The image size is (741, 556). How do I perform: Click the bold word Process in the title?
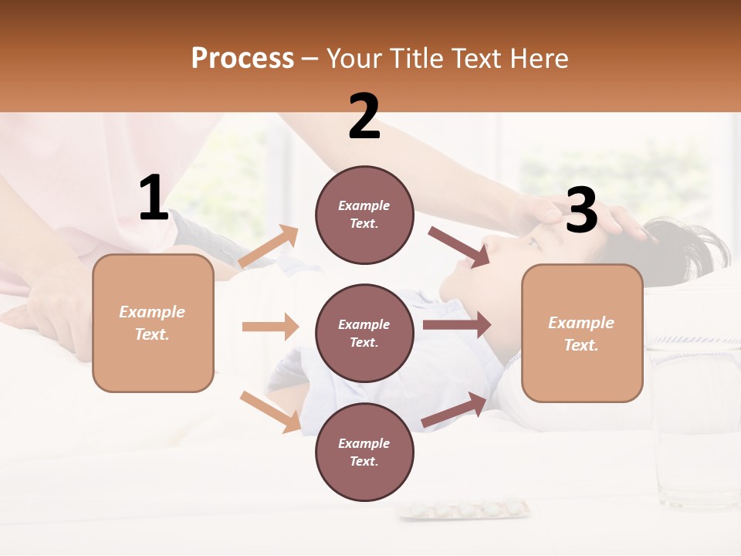(x=242, y=58)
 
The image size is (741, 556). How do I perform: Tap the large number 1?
(x=154, y=198)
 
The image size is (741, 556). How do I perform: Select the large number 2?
(x=364, y=117)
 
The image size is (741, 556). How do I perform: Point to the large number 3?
(x=581, y=210)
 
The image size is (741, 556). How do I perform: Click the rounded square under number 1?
(x=153, y=323)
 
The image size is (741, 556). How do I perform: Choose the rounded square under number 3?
(x=582, y=333)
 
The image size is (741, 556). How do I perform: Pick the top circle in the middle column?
(x=364, y=215)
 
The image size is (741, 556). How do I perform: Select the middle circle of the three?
(x=364, y=333)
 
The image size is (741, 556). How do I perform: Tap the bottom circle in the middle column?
(x=364, y=452)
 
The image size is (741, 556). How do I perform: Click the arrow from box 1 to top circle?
(x=269, y=246)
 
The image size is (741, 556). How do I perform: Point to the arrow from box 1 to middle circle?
(x=270, y=327)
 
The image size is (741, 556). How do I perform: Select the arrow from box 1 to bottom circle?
(x=270, y=411)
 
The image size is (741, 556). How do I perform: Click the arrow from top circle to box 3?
(x=459, y=247)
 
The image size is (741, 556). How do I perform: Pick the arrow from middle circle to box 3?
(x=457, y=324)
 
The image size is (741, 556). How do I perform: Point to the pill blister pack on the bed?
(x=463, y=510)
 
